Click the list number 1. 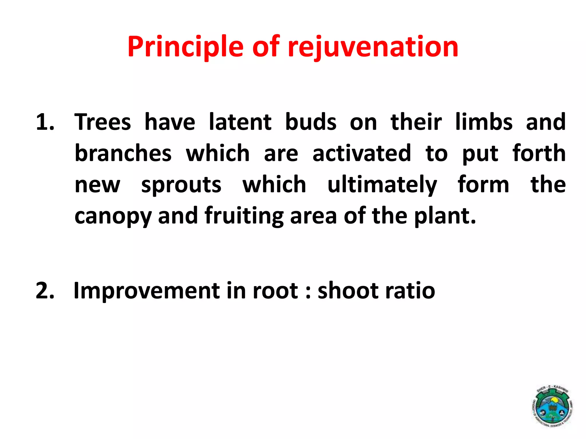[x=45, y=122]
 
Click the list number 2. [x=45, y=291]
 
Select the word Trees [x=103, y=122]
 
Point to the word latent [x=240, y=122]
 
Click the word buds [x=311, y=122]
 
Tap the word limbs [x=484, y=122]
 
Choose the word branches [x=123, y=153]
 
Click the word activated [x=362, y=153]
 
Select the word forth [x=539, y=153]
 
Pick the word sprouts [x=181, y=185]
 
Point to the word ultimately [x=382, y=185]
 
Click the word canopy [x=113, y=217]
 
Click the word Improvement [x=146, y=291]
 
